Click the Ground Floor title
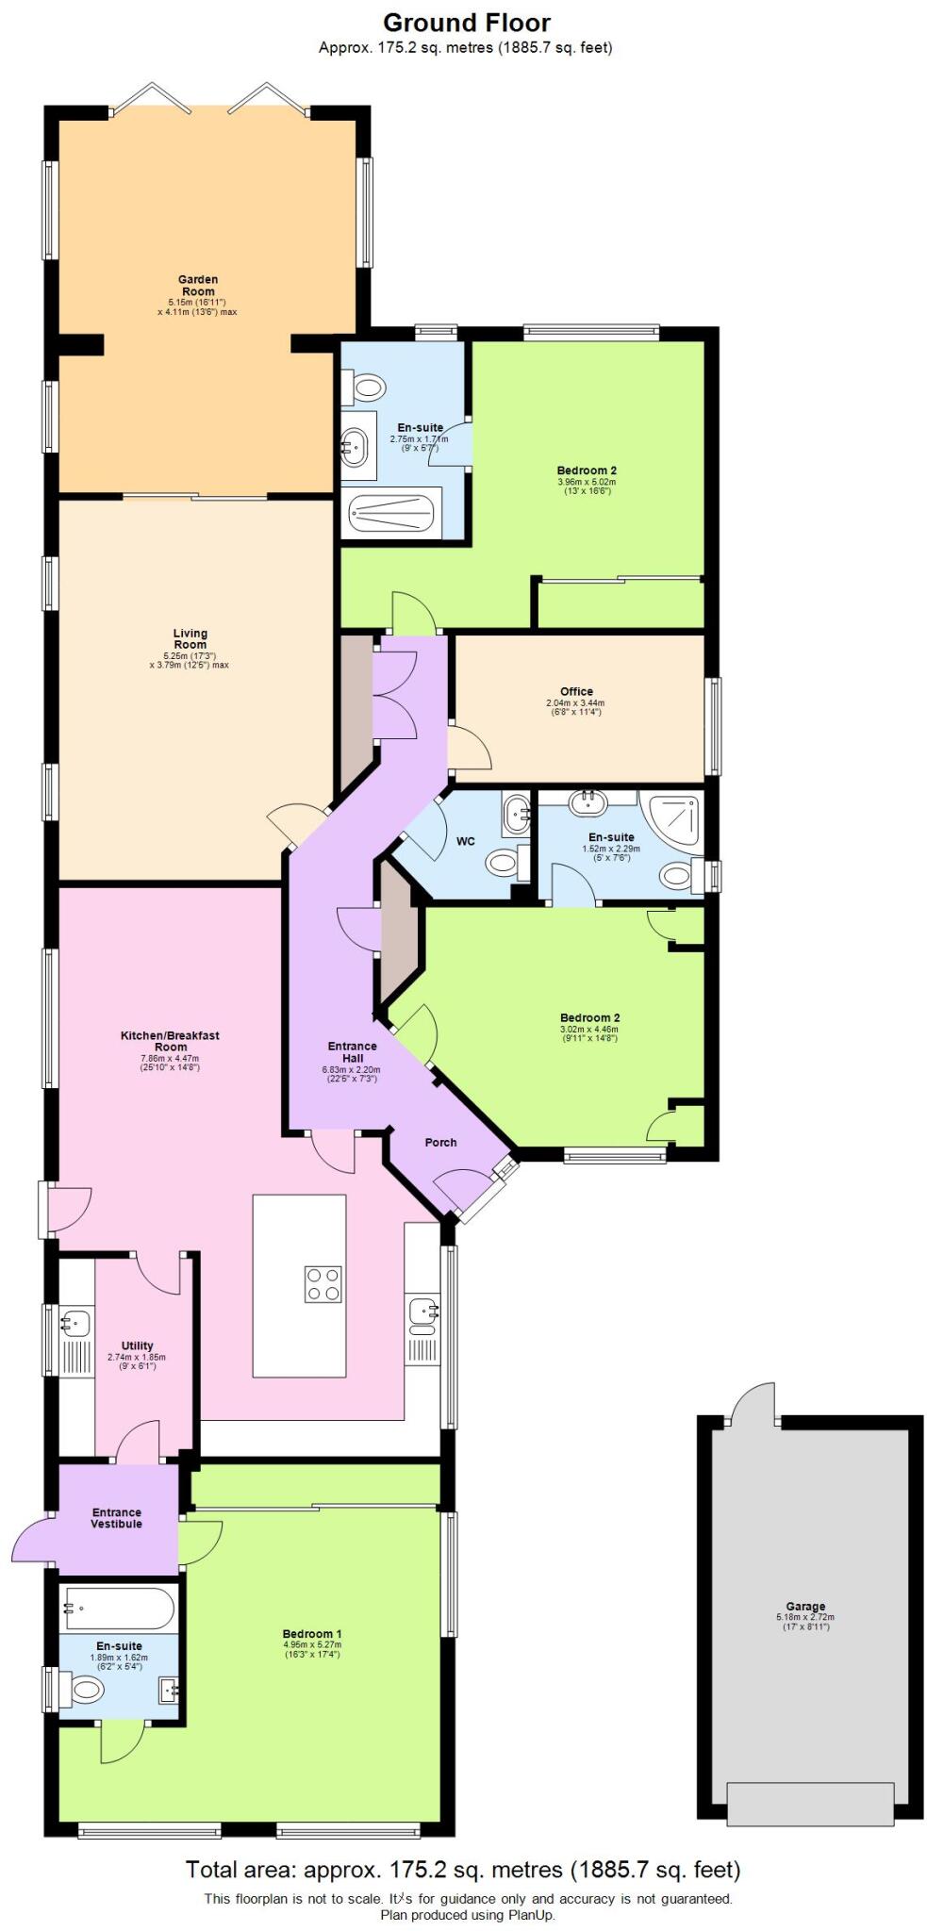pyautogui.click(x=466, y=23)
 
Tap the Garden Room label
pyautogui.click(x=198, y=286)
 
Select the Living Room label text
pyautogui.click(x=190, y=639)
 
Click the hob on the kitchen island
pyautogui.click(x=323, y=1284)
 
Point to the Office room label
pyautogui.click(x=576, y=691)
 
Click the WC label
pyautogui.click(x=465, y=841)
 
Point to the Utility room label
pyautogui.click(x=137, y=1345)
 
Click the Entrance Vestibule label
pyautogui.click(x=117, y=1518)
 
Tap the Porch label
pyautogui.click(x=440, y=1142)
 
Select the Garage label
pyautogui.click(x=805, y=1606)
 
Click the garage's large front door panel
pyautogui.click(x=809, y=1804)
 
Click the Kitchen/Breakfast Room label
pyautogui.click(x=170, y=1041)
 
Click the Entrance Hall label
pyautogui.click(x=352, y=1051)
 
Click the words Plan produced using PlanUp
pyautogui.click(x=468, y=1915)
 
